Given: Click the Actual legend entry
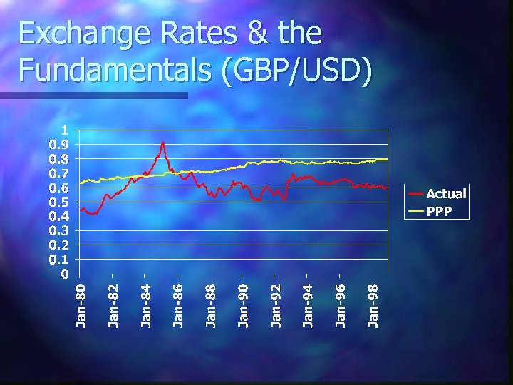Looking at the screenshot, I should [445, 193].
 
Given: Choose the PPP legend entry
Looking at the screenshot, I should [440, 211].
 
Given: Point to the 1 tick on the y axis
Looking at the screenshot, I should [65, 130].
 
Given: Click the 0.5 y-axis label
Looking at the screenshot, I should [59, 202].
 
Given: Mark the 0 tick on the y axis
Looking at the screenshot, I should [65, 274].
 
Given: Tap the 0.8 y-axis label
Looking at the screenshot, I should [59, 159].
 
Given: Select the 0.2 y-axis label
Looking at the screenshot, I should [59, 245].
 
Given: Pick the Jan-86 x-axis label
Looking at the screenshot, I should [179, 305].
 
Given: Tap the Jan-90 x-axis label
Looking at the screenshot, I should [244, 305].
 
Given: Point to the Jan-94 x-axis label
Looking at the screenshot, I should [308, 305].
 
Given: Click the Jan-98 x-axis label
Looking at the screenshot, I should [373, 305].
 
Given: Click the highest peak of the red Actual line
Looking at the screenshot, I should [162, 143].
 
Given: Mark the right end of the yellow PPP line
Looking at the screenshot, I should [387, 159].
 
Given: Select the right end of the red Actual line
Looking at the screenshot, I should [387, 188].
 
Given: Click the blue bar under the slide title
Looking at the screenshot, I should [93, 95].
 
